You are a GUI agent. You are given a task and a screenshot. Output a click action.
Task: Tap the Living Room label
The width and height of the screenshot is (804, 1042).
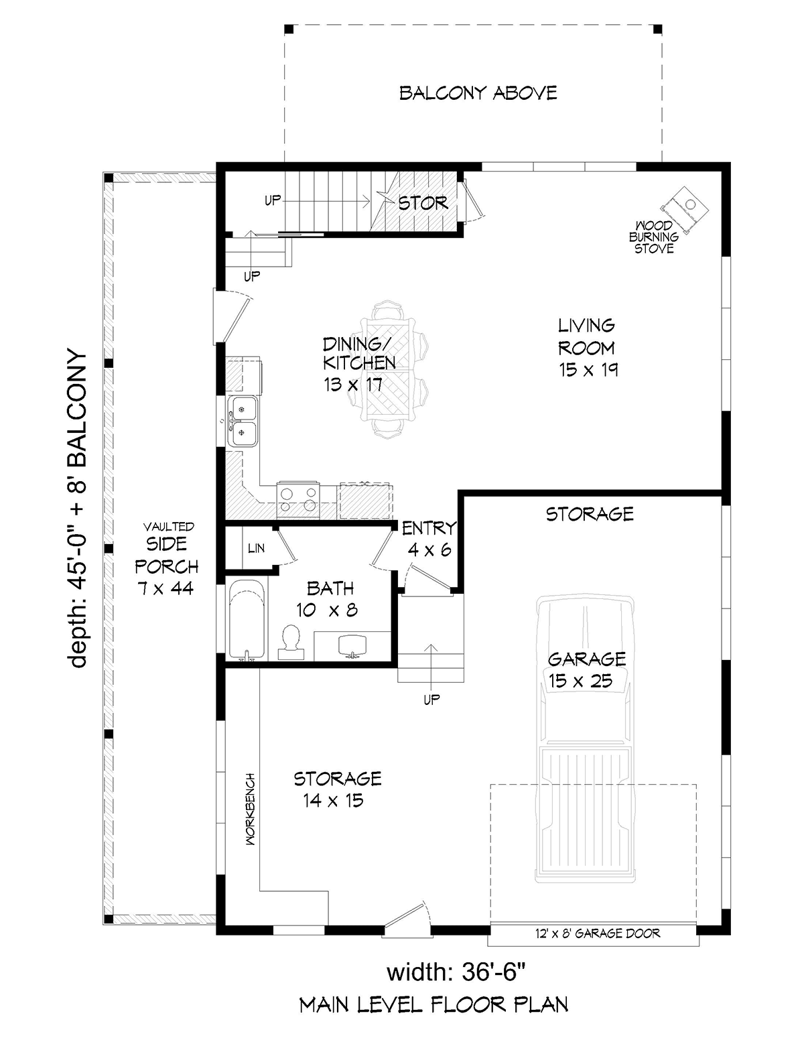(588, 347)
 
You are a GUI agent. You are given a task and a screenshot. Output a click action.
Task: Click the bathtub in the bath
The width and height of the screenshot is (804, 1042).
(246, 621)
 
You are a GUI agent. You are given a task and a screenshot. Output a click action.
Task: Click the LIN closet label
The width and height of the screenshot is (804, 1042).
(256, 548)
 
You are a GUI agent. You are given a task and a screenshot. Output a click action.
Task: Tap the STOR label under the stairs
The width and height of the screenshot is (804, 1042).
(423, 202)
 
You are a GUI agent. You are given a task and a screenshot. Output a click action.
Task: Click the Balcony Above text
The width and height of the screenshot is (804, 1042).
(478, 92)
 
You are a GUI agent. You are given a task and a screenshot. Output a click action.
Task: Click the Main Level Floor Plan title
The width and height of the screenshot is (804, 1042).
(433, 1005)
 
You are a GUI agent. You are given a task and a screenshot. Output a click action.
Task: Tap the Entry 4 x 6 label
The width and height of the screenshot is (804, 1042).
(429, 539)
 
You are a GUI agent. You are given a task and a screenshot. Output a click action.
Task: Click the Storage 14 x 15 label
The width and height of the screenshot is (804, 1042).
(337, 789)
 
